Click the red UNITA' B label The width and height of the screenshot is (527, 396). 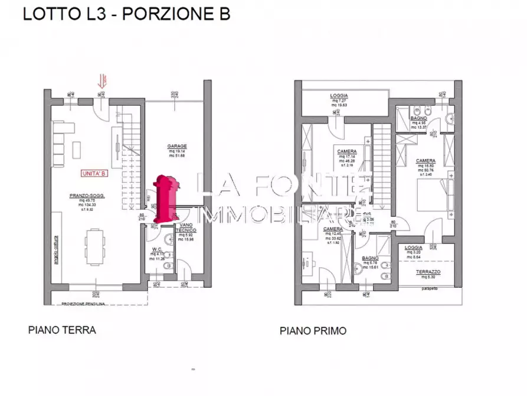94,173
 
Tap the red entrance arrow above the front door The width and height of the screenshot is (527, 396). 103,82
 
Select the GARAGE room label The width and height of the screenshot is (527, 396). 177,146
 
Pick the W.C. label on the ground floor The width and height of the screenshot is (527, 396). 156,249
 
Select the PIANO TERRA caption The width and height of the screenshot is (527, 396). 62,330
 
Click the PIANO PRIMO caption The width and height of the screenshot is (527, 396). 313,331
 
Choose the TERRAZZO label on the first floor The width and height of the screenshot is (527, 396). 429,271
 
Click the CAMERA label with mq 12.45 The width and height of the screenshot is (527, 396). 333,229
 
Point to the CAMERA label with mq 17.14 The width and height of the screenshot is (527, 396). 347,151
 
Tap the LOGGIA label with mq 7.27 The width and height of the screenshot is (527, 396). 339,96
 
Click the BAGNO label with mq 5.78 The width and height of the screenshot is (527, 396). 370,258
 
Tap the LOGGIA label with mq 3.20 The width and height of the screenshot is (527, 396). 414,249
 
